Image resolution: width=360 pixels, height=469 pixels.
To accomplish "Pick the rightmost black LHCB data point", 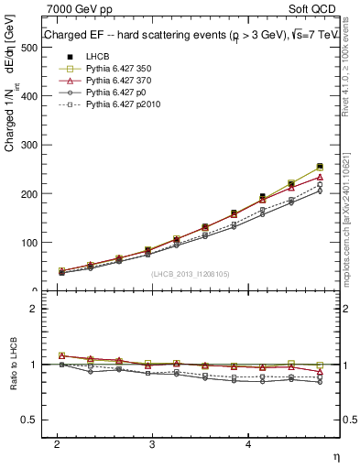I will (x=320, y=167).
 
